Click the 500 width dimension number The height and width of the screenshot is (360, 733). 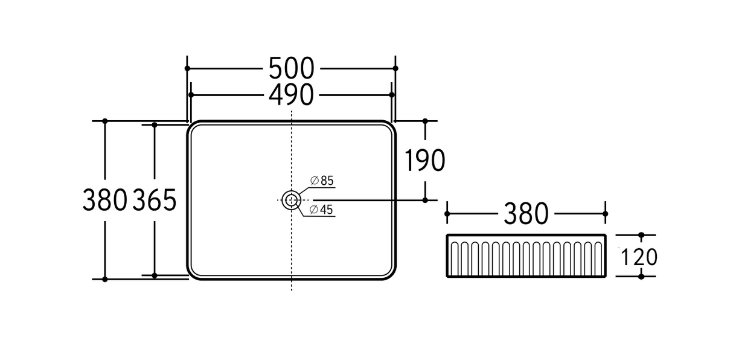click(291, 68)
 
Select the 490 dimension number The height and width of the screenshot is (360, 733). click(291, 95)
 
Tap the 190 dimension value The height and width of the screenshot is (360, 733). click(424, 161)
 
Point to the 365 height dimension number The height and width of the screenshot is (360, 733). click(155, 200)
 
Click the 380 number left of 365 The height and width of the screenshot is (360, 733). click(105, 200)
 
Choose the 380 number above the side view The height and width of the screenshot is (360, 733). click(525, 214)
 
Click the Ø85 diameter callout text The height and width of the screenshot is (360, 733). click(322, 181)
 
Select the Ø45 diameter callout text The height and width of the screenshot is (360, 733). click(322, 210)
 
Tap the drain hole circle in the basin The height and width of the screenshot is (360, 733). click(292, 199)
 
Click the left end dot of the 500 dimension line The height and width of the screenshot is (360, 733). click(187, 68)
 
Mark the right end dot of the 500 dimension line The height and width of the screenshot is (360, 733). click(395, 68)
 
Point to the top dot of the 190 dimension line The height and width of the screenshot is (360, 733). click(425, 121)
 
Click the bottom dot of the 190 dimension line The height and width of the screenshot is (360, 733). click(425, 199)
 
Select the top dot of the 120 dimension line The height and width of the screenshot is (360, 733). click(641, 235)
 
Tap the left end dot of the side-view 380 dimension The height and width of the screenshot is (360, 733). click(447, 213)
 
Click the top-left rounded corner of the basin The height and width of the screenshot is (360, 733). click(193, 126)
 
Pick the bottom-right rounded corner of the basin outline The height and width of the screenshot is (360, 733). click(390, 274)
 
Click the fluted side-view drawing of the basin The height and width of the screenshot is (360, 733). click(526, 256)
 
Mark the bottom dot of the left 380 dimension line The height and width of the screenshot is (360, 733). click(105, 279)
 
